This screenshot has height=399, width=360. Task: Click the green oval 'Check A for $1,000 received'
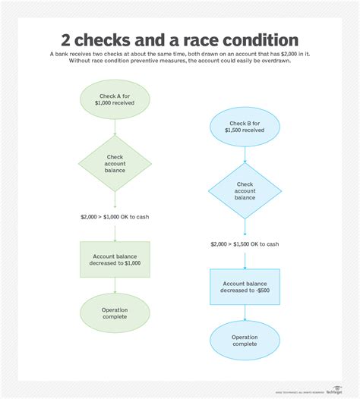(x=115, y=99)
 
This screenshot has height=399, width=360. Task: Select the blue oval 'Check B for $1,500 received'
(x=245, y=125)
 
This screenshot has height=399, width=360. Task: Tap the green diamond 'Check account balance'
(x=115, y=163)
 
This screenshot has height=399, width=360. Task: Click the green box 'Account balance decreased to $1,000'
(x=115, y=259)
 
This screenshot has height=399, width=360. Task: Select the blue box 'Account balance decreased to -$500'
(x=245, y=286)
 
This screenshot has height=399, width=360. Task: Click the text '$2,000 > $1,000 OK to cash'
(x=115, y=217)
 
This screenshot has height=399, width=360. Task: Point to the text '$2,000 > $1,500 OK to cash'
(x=245, y=243)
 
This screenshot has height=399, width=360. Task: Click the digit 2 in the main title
(x=66, y=39)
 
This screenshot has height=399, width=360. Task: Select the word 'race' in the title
(x=201, y=39)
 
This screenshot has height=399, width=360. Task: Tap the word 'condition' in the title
(x=261, y=39)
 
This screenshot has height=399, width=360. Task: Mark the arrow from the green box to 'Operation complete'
(x=115, y=285)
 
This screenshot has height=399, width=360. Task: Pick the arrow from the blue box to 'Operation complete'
(x=245, y=313)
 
